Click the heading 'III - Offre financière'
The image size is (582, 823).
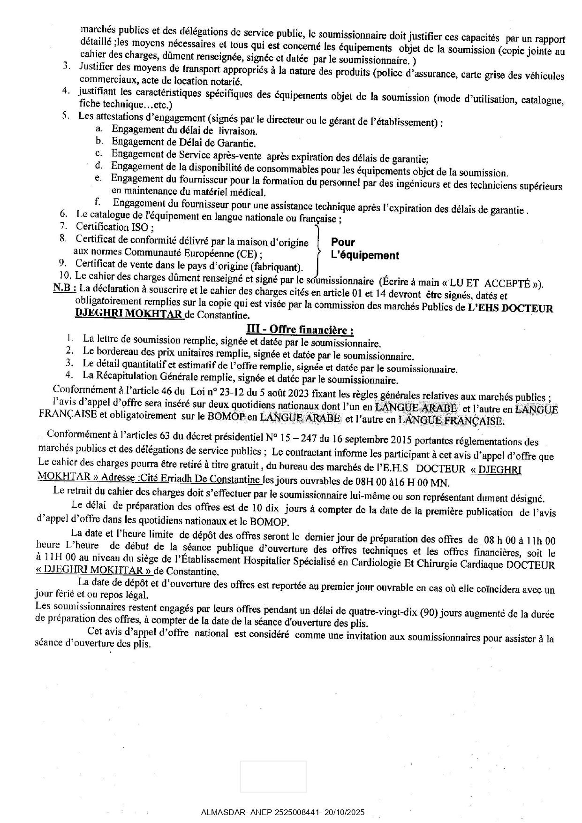(x=300, y=329)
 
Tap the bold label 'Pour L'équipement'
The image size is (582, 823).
(x=364, y=249)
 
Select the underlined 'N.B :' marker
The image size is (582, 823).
(x=64, y=289)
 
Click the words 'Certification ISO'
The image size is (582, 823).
(x=112, y=228)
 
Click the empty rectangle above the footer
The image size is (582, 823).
(x=273, y=777)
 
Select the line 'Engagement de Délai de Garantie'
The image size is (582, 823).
(x=183, y=143)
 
